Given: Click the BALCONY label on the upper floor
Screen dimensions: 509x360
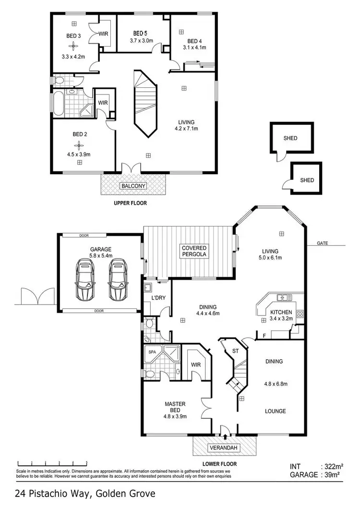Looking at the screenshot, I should coord(133,186).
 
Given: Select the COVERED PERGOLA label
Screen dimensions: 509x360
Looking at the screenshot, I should coord(194,250).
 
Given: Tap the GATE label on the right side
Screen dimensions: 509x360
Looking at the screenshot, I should coord(323,243).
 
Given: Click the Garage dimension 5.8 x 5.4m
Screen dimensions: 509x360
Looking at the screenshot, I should coord(100,256).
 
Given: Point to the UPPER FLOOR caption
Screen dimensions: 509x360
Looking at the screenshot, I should coord(130,203).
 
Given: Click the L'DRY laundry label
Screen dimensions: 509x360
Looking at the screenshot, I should coord(158,298).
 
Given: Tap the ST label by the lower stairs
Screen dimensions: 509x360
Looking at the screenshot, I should coord(235,350).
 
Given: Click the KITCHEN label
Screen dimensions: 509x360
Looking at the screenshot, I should coord(281,312).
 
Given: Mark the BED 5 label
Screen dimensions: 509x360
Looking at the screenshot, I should coord(140,33).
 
